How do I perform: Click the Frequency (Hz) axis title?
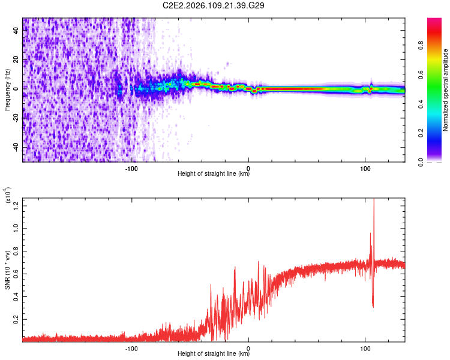point(7,90)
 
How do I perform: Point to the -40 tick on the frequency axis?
point(16,147)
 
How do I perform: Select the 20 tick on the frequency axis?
point(17,59)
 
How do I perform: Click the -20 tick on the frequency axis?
point(16,118)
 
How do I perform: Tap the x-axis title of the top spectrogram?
point(214,174)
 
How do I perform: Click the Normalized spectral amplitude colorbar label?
point(446,90)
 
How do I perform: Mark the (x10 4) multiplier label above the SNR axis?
point(8,196)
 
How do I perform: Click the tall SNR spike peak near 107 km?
point(374,200)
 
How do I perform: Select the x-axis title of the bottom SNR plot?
point(214,354)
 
